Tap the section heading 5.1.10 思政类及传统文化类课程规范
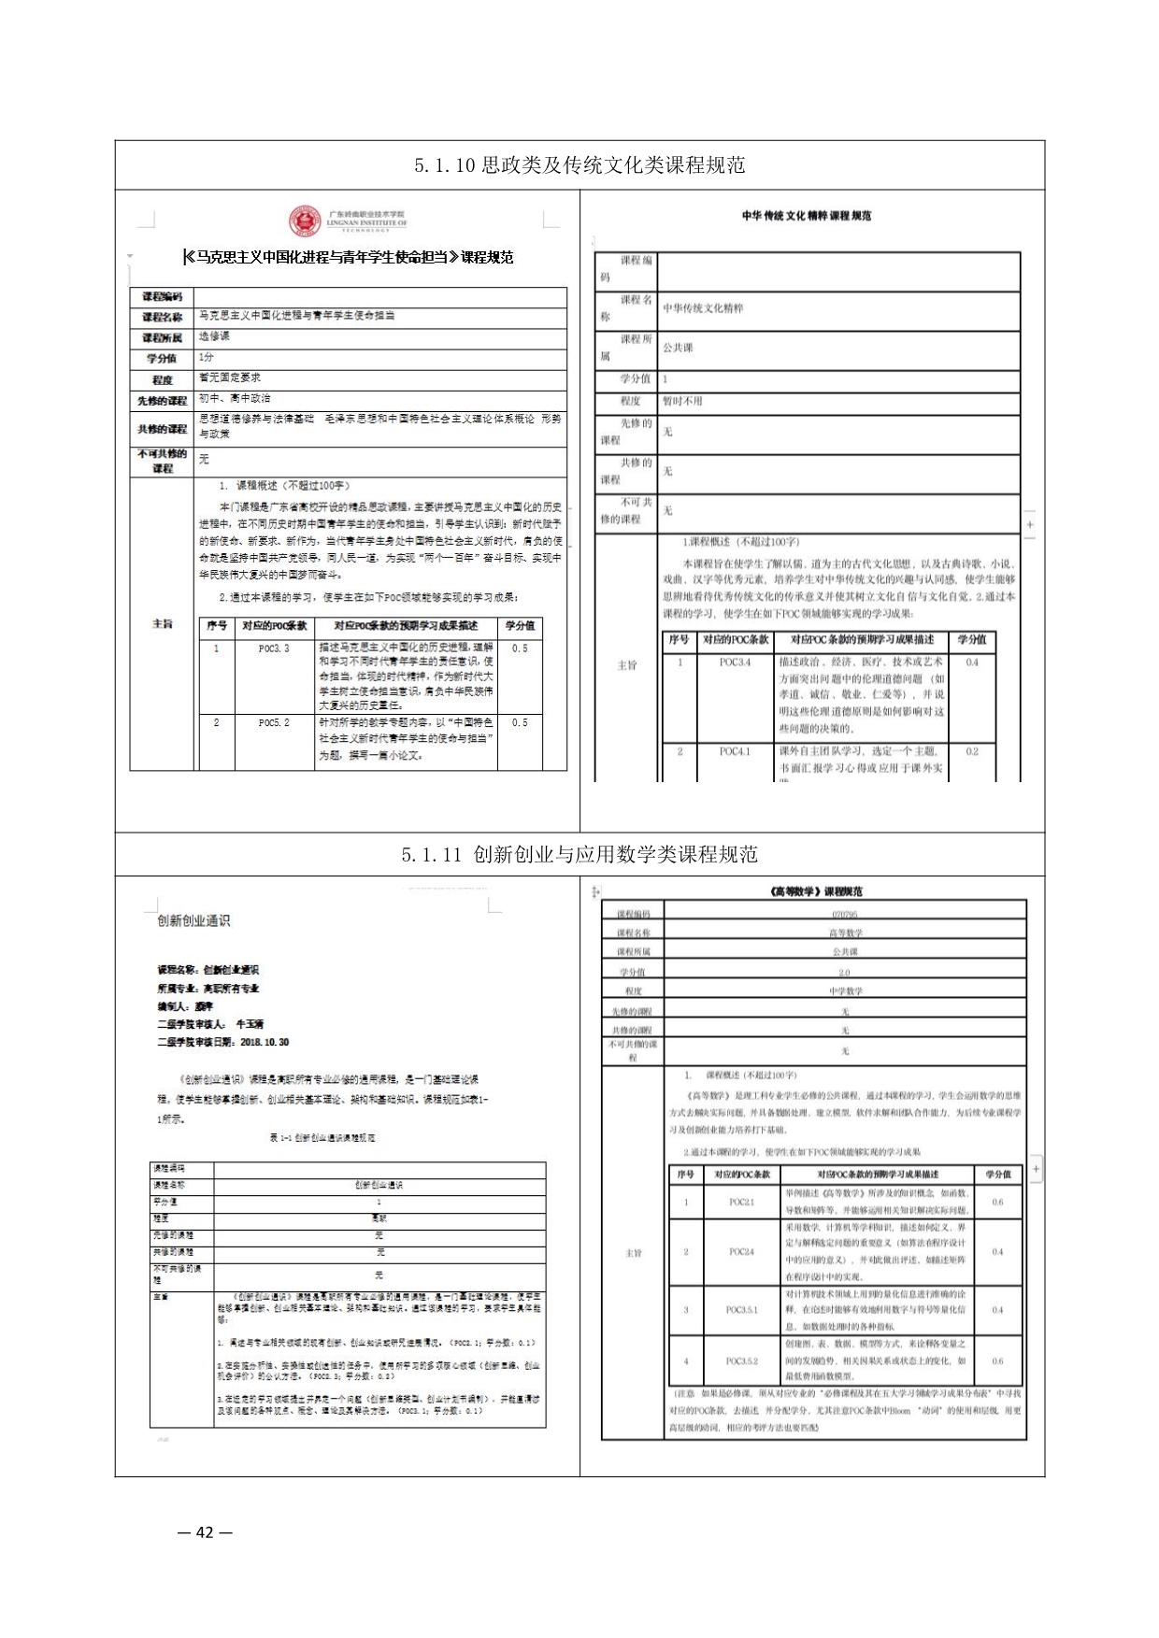(x=579, y=166)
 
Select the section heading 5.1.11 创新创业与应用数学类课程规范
(x=579, y=855)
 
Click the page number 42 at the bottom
(x=205, y=1531)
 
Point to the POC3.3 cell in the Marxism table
(x=274, y=648)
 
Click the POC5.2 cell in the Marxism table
(x=274, y=723)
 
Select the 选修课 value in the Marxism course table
(x=214, y=336)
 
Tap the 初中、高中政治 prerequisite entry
(x=235, y=399)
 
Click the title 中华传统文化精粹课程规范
(x=806, y=216)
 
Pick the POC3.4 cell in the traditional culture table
(x=735, y=662)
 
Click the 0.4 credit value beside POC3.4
(x=972, y=662)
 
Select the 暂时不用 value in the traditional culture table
(x=682, y=402)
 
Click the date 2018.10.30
(x=265, y=1042)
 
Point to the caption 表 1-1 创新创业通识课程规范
(x=322, y=1138)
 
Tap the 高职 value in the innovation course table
(x=379, y=1218)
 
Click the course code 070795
(x=844, y=915)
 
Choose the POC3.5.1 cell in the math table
(x=742, y=1310)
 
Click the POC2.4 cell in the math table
(x=742, y=1251)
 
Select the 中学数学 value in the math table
(x=845, y=991)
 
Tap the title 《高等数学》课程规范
(x=812, y=892)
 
